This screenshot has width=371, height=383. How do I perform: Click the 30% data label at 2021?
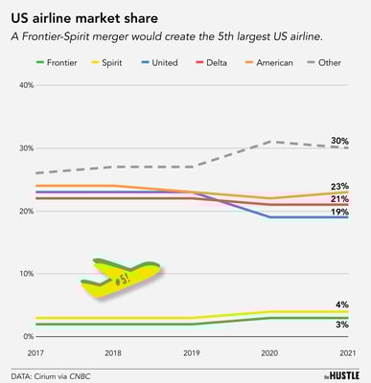(x=339, y=141)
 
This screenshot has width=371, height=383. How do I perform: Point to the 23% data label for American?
(x=339, y=186)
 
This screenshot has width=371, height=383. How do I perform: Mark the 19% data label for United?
(x=339, y=212)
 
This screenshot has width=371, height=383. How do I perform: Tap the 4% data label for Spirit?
(x=342, y=304)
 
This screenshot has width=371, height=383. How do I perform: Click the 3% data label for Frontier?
(x=342, y=327)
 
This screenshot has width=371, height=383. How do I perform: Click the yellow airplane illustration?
(x=120, y=277)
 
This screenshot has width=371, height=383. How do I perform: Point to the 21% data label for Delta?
(x=339, y=198)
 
